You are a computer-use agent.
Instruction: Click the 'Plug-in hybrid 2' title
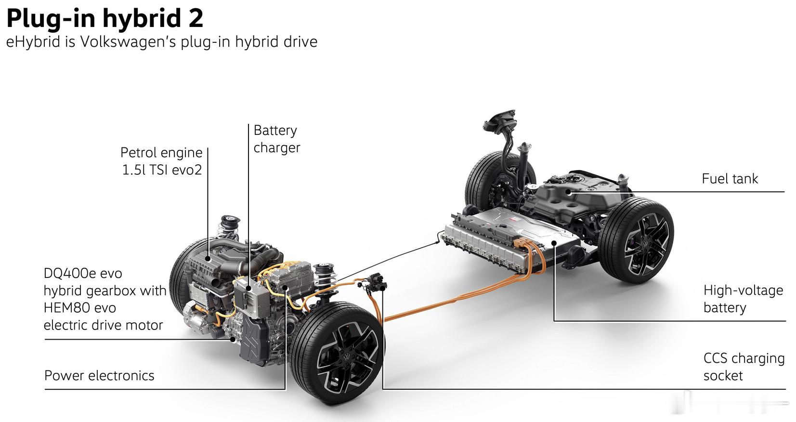coord(105,18)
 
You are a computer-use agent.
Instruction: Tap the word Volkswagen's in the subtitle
coord(128,41)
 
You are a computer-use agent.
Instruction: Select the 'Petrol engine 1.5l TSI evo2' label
coord(162,161)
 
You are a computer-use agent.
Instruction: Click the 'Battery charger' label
coord(277,139)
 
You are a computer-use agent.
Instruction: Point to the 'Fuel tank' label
coord(730,178)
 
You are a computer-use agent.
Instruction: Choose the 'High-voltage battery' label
coord(743,299)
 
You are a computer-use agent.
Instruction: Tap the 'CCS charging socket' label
coord(744,367)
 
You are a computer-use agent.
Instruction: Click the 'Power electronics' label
coord(99,375)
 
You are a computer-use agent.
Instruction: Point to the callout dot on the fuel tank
coord(569,192)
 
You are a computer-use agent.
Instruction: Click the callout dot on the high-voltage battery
coord(554,243)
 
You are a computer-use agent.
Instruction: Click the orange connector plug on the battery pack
coord(522,242)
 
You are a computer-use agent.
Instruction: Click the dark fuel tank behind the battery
coord(575,196)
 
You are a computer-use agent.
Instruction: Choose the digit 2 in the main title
coord(196,18)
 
